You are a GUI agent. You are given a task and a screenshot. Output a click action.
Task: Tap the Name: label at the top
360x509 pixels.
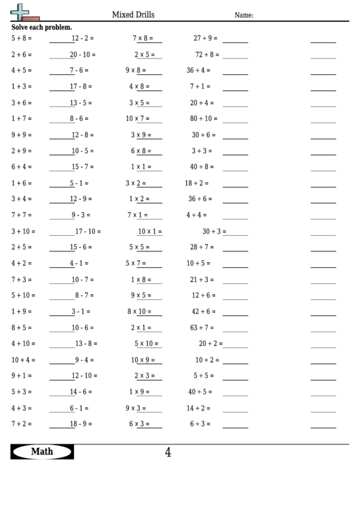[244, 15]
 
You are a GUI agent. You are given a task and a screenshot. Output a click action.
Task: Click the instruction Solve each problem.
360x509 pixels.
[42, 27]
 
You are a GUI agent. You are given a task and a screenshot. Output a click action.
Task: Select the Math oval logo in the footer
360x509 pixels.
[42, 451]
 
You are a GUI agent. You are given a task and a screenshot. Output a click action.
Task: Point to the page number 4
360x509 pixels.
[168, 452]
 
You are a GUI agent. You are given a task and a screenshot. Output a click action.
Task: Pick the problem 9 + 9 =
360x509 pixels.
[22, 135]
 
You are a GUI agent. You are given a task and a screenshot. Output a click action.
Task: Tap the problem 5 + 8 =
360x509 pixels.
[22, 38]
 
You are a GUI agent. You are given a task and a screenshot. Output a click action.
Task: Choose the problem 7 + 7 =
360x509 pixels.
[22, 215]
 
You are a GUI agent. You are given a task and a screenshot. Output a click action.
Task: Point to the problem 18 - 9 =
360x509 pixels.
[81, 424]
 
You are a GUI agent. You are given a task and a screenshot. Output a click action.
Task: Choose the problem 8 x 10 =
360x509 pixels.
[141, 311]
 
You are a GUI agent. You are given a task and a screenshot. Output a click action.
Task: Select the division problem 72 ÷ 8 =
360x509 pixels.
[207, 54]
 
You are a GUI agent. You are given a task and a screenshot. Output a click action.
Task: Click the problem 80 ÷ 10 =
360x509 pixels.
[204, 118]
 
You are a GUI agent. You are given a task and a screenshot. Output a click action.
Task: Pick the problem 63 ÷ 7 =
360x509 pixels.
[202, 328]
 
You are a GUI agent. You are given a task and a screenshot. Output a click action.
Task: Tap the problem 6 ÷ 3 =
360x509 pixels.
[200, 424]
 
